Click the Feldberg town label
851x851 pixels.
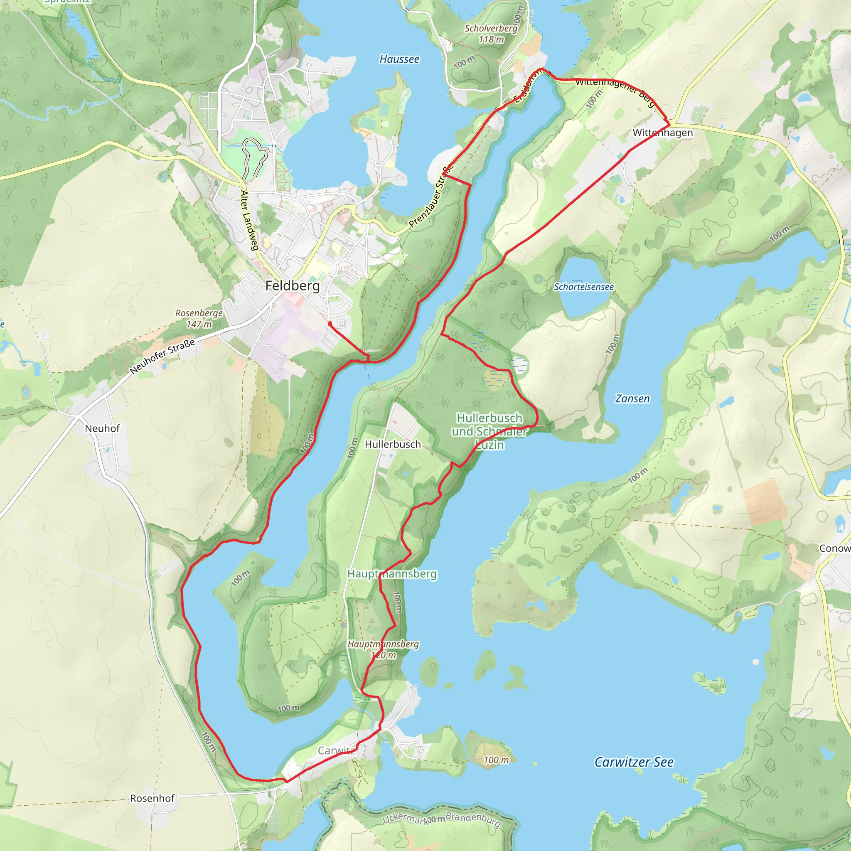293,286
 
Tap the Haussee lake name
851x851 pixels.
399,59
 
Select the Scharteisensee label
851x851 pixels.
584,287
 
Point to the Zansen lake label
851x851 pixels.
632,398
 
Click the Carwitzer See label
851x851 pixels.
633,762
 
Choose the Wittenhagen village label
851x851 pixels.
662,133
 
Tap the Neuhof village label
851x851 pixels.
102,428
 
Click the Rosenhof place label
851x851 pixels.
152,798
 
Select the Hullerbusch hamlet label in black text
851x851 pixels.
392,445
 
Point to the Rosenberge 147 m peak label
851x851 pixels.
199,318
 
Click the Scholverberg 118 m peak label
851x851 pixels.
491,34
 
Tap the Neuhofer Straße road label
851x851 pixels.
162,357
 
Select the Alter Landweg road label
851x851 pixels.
249,220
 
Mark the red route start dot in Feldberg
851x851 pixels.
330,324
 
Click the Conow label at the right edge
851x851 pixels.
834,548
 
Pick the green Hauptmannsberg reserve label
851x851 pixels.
392,574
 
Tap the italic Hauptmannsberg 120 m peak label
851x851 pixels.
383,649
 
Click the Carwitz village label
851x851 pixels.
337,750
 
